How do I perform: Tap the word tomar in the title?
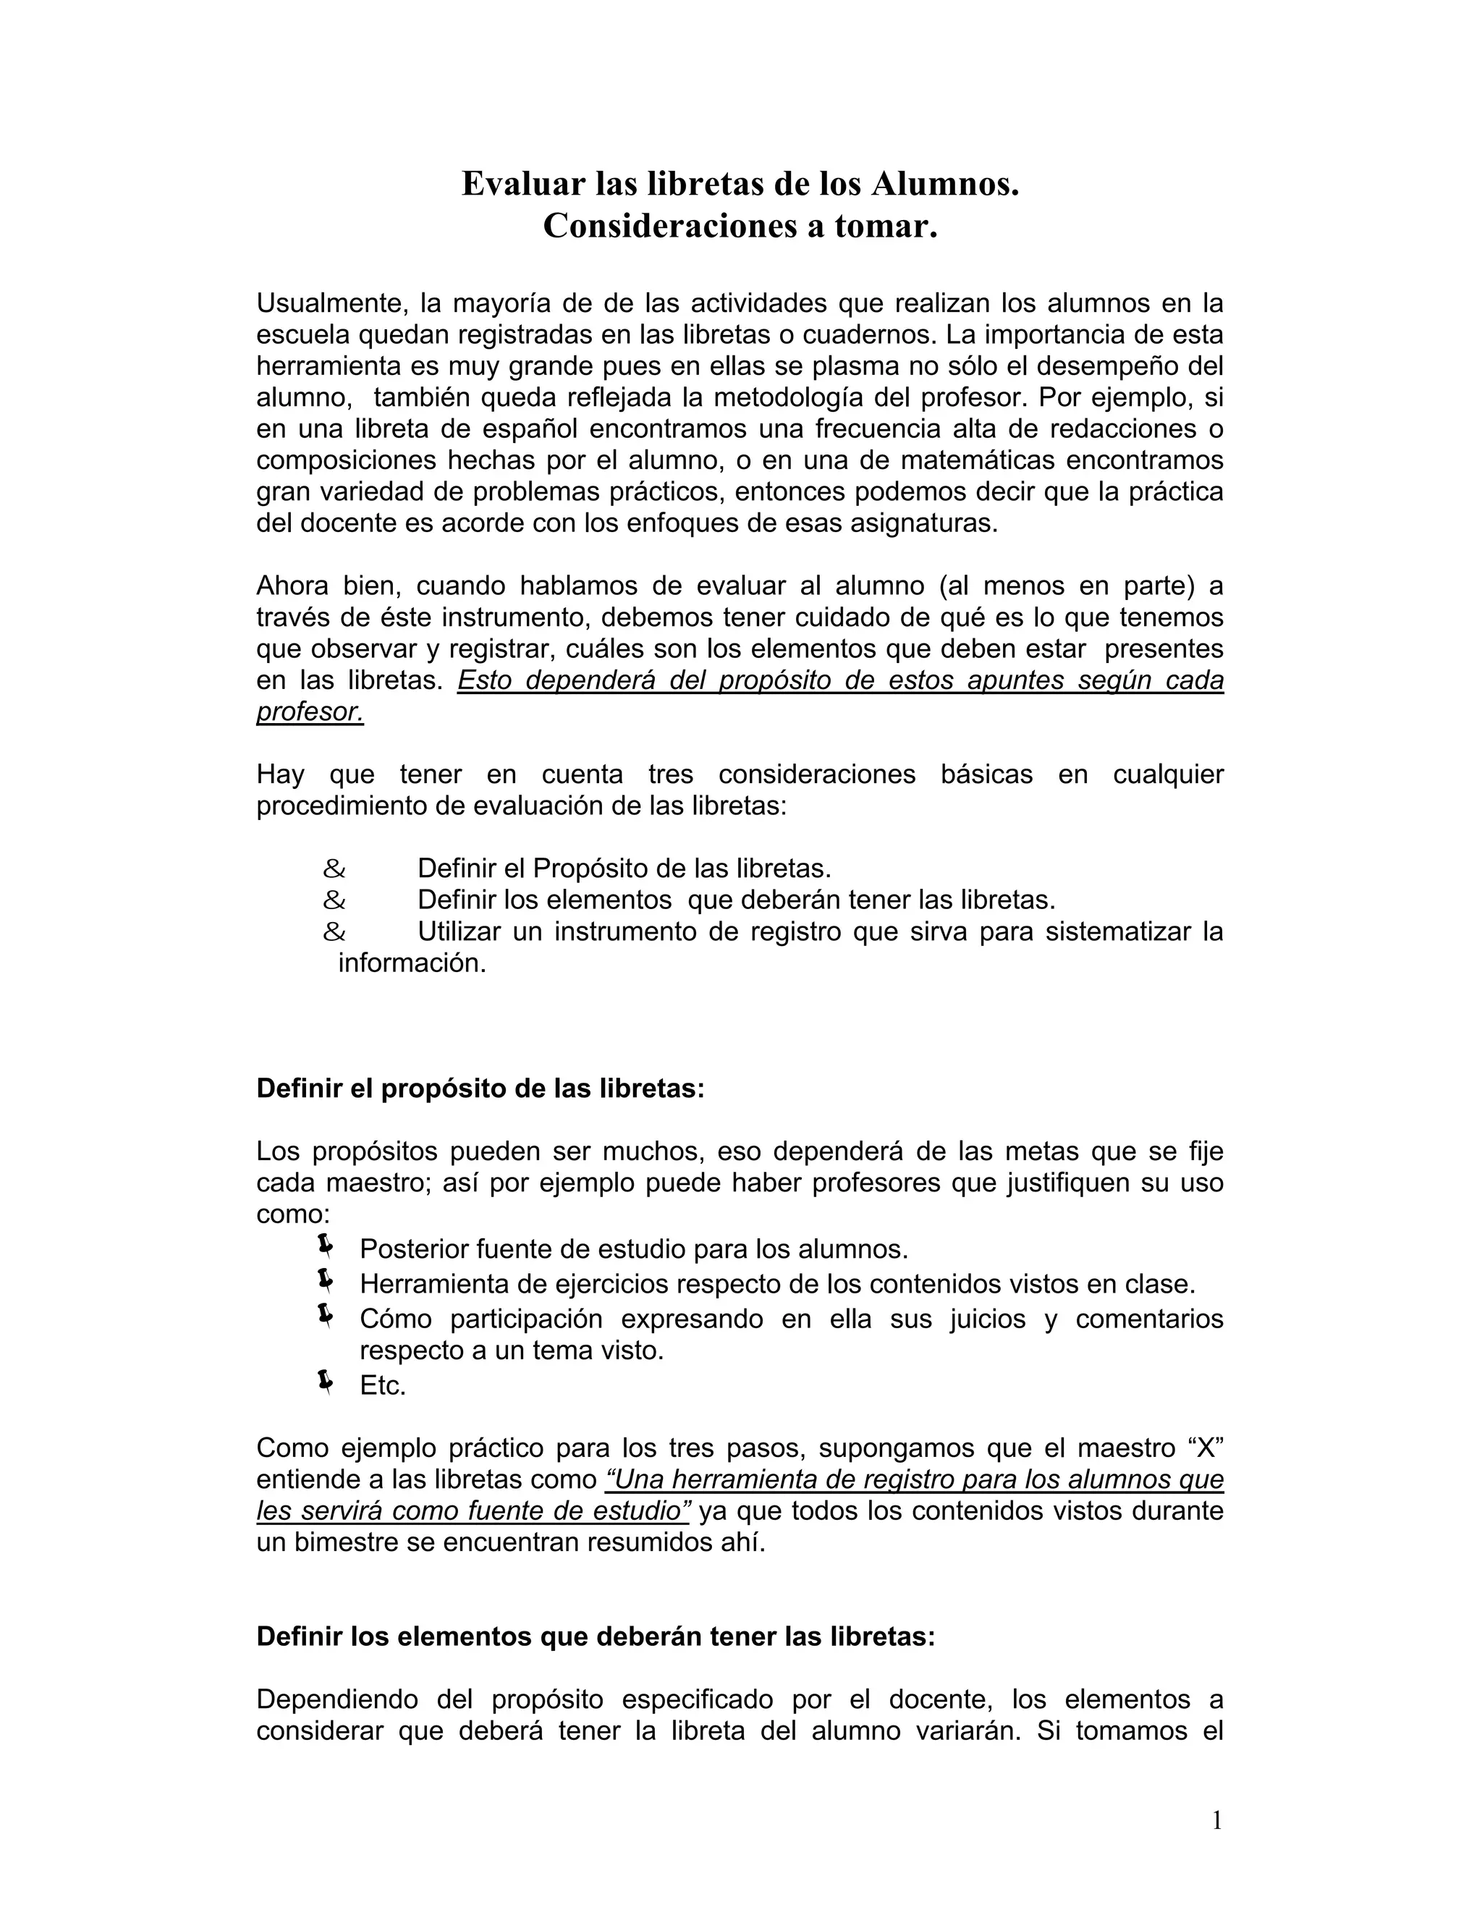pos(886,226)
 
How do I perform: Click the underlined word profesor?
pos(310,712)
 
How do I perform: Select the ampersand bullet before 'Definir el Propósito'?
pos(334,869)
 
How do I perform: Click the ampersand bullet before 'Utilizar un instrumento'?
pos(334,931)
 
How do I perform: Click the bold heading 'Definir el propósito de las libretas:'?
pos(480,1089)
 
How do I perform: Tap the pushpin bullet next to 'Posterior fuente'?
pos(324,1246)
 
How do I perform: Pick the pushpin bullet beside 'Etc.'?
pos(324,1383)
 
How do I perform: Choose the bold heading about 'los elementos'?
pos(596,1637)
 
